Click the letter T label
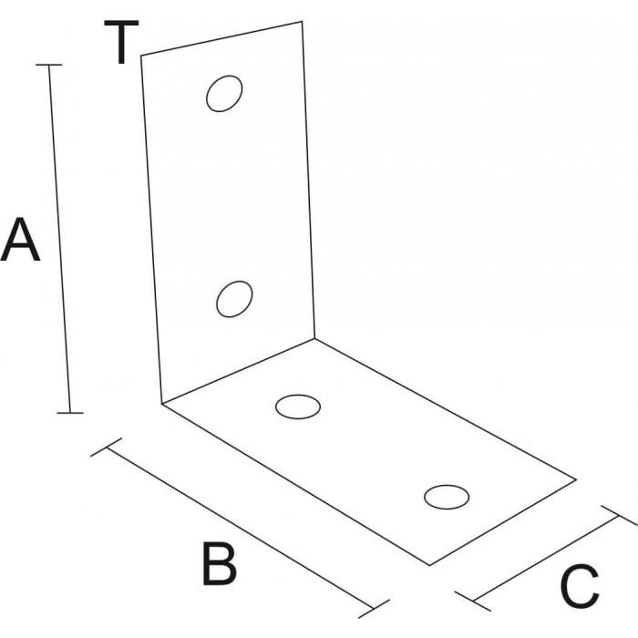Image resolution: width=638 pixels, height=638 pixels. tap(121, 42)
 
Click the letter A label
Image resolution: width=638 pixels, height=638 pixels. tap(20, 240)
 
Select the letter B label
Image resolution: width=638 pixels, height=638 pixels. tap(220, 564)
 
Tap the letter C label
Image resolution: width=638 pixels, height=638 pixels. tap(580, 585)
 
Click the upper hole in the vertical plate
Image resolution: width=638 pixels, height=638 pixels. tap(224, 94)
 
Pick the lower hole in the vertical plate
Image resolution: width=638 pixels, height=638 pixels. tap(234, 299)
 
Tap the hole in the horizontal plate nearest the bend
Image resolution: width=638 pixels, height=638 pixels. tap(298, 406)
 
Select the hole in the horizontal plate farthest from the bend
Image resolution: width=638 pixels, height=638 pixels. tap(447, 497)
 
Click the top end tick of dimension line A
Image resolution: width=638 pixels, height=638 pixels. tap(49, 65)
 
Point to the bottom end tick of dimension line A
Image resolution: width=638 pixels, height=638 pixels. tap(70, 413)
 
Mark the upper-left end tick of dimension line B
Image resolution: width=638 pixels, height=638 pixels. tap(107, 448)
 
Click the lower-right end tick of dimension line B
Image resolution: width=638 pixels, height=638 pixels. tap(374, 609)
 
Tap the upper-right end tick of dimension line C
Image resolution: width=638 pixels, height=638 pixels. tap(619, 516)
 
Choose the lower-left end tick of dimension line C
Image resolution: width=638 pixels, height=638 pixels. tap(473, 602)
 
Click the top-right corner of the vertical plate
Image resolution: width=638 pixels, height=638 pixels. tap(302, 21)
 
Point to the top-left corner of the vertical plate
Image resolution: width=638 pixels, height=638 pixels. tap(140, 55)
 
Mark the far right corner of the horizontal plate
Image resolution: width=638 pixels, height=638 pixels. tap(576, 480)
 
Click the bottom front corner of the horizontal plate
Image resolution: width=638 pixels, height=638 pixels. tap(430, 565)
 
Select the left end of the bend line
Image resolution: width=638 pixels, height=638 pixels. tap(161, 404)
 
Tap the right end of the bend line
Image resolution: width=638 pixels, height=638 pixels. tap(314, 338)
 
